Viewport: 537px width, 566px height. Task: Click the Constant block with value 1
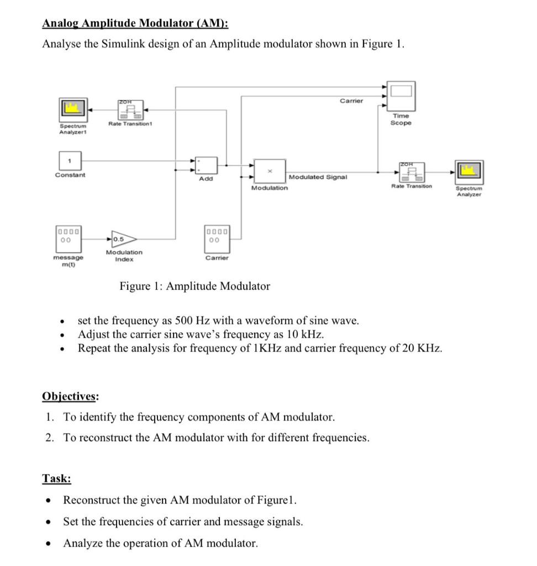pos(70,161)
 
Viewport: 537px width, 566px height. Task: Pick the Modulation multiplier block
pos(270,171)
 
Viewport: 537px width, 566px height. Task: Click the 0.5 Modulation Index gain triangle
pos(123,239)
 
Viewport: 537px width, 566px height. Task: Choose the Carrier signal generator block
pos(217,237)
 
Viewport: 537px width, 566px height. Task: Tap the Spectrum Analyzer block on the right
pos(468,172)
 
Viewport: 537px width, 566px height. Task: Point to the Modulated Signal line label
pos(318,177)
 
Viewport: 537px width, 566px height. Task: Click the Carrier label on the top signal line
pos(351,101)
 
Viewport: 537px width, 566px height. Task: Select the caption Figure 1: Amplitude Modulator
pos(195,286)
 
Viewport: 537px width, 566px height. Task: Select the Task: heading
pos(56,479)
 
